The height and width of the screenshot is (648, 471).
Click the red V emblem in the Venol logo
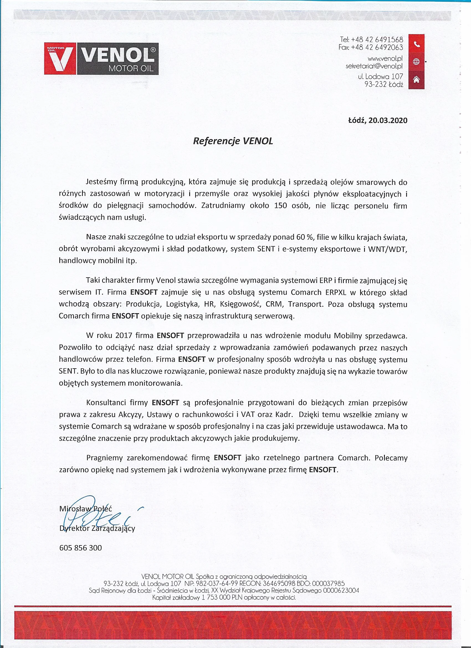click(60, 58)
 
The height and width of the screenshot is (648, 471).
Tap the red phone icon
click(416, 44)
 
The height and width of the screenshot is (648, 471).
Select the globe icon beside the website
click(416, 62)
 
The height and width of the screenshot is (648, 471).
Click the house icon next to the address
click(416, 79)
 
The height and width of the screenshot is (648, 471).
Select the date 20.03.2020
click(388, 120)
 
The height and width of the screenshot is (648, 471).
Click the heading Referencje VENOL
click(233, 141)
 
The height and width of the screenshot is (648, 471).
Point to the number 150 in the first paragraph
click(280, 206)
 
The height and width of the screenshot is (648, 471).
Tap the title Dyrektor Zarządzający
click(97, 529)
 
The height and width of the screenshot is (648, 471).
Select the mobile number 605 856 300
click(81, 548)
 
